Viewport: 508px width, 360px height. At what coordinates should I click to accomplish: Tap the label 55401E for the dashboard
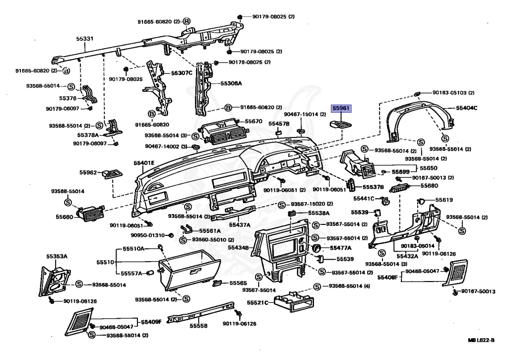[144, 163]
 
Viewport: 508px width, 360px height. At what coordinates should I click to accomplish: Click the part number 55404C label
[467, 108]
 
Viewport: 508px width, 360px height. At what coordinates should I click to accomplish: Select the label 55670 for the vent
[254, 121]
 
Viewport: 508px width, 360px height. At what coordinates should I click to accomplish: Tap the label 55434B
[238, 247]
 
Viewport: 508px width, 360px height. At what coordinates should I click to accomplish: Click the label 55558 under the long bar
[198, 326]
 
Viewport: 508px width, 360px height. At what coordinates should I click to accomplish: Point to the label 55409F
[152, 321]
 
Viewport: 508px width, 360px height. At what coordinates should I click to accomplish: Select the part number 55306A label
[231, 83]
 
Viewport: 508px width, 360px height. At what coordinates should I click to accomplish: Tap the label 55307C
[182, 72]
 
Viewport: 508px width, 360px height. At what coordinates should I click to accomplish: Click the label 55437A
[239, 224]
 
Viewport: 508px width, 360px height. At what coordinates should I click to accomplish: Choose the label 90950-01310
[148, 235]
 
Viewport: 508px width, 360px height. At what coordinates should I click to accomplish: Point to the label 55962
[88, 173]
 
